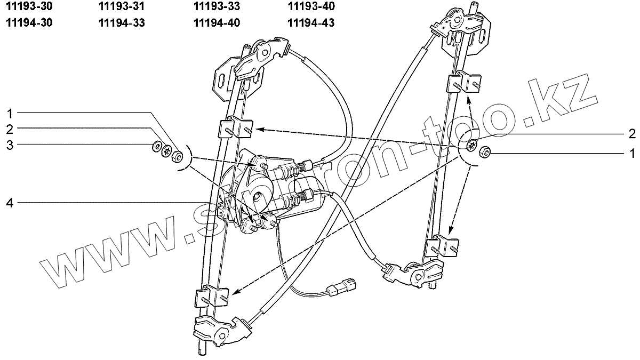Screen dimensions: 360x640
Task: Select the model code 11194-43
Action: click(x=310, y=23)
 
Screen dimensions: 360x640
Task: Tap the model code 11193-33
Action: click(x=217, y=7)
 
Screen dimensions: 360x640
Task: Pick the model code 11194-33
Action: click(x=122, y=23)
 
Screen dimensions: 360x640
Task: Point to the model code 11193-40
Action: click(x=310, y=7)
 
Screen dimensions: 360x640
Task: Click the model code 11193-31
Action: click(x=122, y=7)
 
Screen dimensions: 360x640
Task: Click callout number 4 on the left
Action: click(x=10, y=202)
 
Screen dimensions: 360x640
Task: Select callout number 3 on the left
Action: click(x=10, y=144)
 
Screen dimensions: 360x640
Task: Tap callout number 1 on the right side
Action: click(x=631, y=153)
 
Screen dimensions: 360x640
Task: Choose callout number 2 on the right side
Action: click(x=631, y=133)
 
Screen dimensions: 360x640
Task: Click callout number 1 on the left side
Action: click(x=10, y=113)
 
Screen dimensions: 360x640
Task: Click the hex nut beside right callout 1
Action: click(x=484, y=151)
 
